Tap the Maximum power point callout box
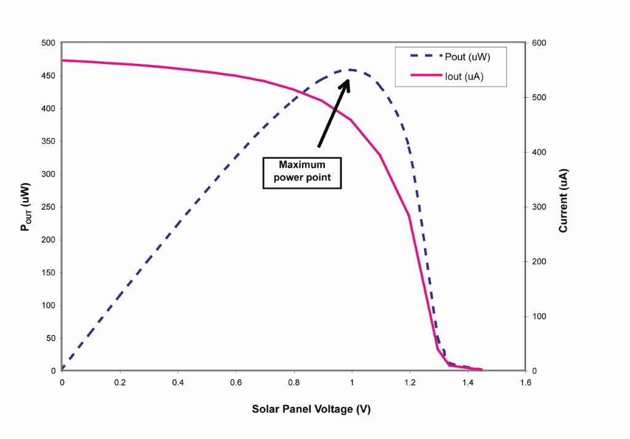click(x=301, y=172)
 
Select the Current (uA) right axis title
click(x=563, y=200)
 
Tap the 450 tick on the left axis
click(x=49, y=76)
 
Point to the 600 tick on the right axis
click(x=536, y=43)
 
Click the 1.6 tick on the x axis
click(x=525, y=382)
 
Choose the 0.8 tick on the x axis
click(x=293, y=382)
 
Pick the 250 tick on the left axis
click(x=49, y=207)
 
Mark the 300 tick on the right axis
click(x=536, y=207)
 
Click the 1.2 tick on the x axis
click(x=410, y=382)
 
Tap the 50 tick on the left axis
click(x=51, y=338)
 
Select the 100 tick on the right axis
click(x=536, y=317)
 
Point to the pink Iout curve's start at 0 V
click(x=63, y=60)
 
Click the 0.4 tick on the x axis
click(x=178, y=382)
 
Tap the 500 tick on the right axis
click(x=536, y=98)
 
